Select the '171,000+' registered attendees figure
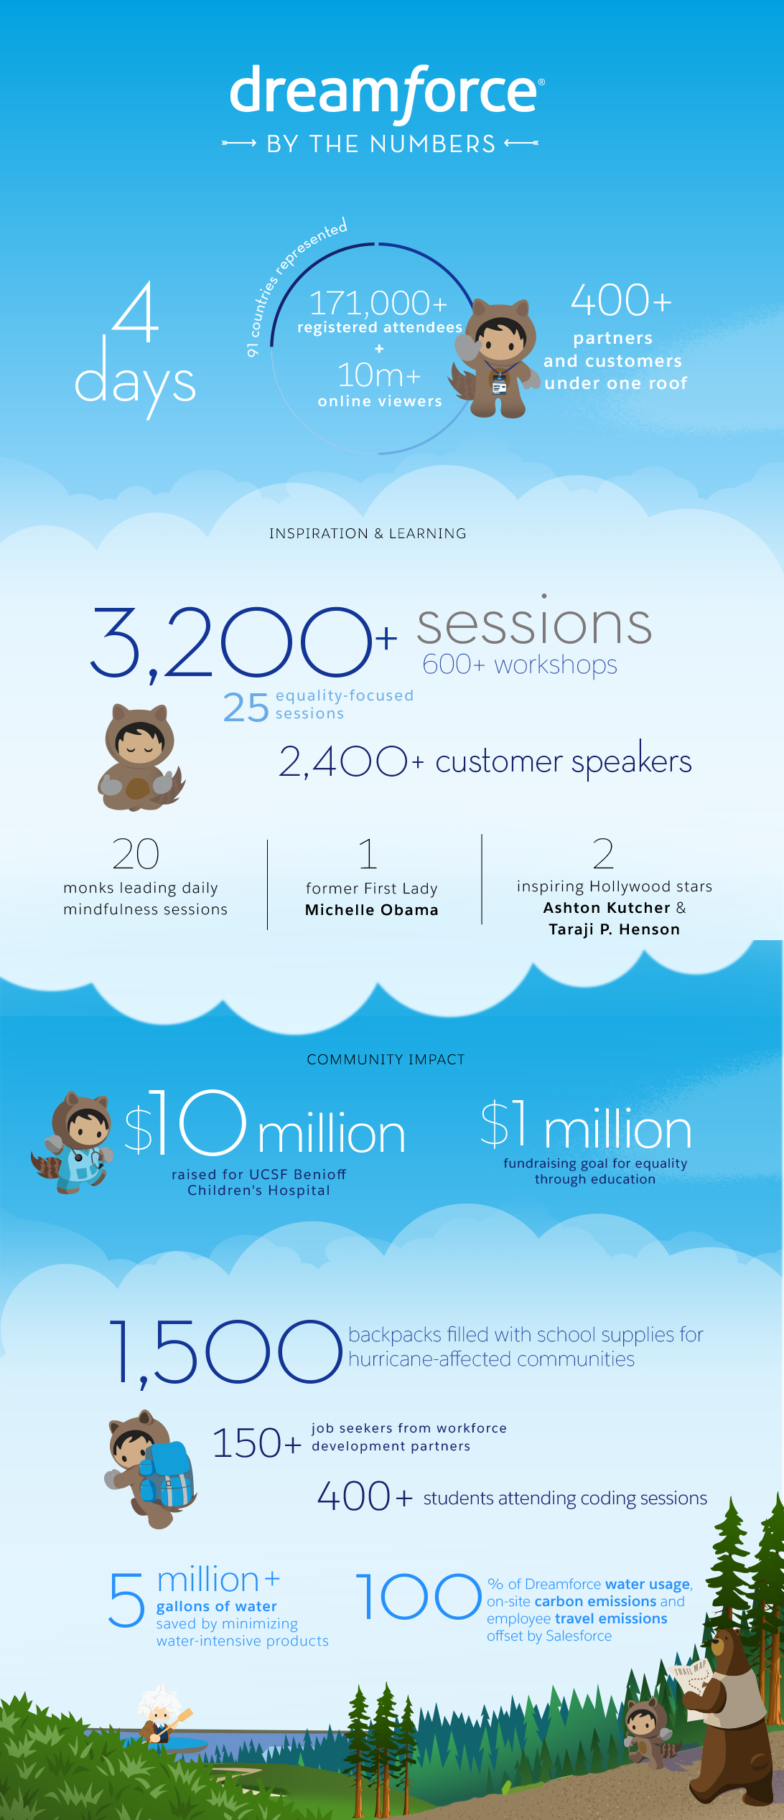(x=378, y=303)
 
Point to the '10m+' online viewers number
(x=379, y=375)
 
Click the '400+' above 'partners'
(x=621, y=300)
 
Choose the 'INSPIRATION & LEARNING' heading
(x=368, y=533)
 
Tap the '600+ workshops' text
(x=520, y=665)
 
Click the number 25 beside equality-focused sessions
(x=246, y=708)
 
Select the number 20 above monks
(x=136, y=854)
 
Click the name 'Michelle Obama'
(x=372, y=910)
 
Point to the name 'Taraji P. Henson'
(x=615, y=929)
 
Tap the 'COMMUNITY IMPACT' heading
(x=386, y=1059)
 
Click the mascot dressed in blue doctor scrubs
(x=73, y=1142)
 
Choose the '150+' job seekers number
(x=256, y=1443)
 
